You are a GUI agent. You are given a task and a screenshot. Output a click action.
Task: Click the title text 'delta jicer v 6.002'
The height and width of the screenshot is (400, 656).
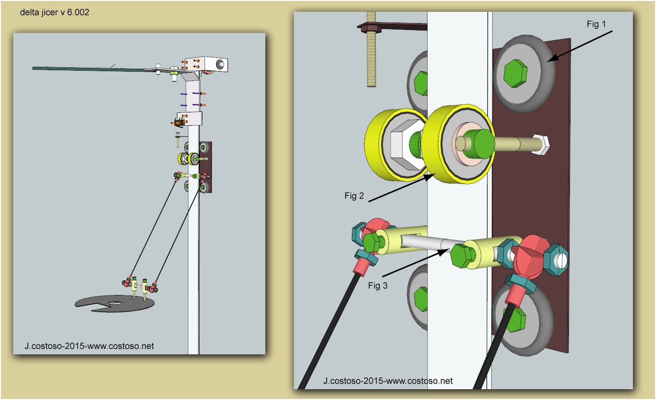coord(55,13)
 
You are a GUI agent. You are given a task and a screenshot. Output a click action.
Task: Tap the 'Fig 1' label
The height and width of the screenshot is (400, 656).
coord(597,24)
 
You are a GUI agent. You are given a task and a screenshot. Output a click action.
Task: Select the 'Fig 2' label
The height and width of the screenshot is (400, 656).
coord(354,196)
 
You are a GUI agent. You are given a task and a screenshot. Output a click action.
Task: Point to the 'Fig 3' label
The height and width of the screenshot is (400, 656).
coord(378,285)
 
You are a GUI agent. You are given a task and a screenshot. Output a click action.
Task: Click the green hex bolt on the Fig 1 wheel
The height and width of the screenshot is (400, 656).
coord(515,74)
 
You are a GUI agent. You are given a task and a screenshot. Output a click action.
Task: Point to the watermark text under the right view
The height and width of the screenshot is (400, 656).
coord(388,380)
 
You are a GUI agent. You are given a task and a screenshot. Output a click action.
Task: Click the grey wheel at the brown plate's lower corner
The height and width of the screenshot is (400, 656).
coord(521,320)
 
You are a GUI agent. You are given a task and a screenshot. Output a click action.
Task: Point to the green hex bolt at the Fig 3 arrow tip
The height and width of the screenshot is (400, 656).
coord(462,256)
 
